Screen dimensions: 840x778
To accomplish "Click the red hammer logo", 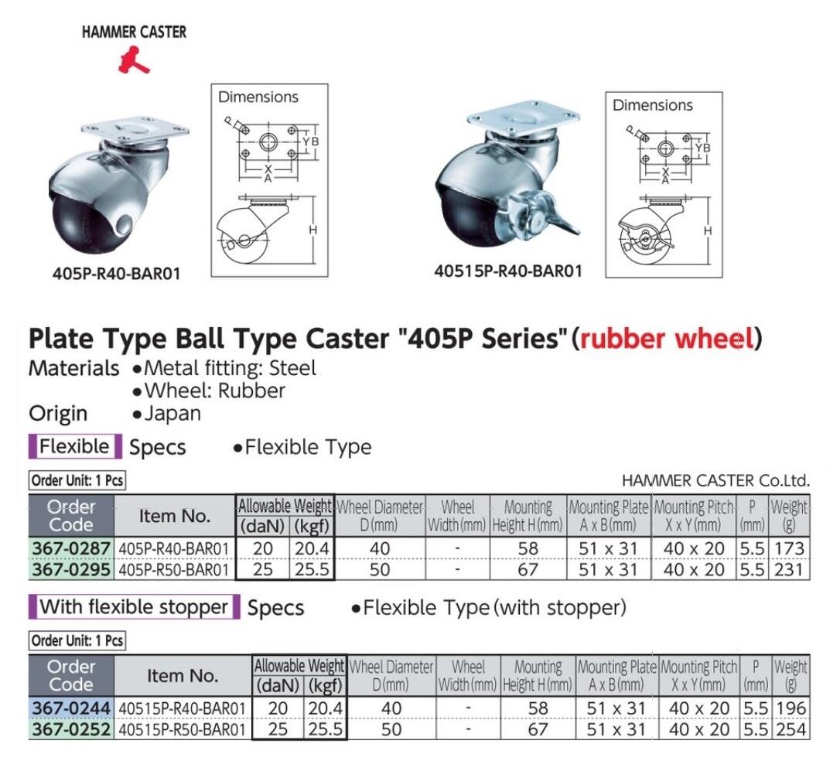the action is (133, 60).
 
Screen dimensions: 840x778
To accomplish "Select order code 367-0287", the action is (71, 548).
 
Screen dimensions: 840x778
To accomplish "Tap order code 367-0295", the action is (71, 569).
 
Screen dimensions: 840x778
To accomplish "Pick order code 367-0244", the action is (71, 708).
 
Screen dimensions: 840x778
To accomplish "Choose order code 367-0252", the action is (71, 729).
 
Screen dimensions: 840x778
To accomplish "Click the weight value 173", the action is (789, 548).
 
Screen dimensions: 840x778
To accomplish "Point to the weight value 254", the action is (790, 729).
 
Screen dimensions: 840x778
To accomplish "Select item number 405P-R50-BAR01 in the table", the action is (174, 569).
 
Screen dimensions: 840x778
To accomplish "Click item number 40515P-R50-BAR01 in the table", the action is (182, 729).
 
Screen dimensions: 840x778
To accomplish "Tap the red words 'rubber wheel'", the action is (667, 339).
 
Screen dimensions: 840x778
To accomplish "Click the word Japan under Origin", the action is (172, 414).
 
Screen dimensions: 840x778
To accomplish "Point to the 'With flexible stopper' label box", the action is (134, 607).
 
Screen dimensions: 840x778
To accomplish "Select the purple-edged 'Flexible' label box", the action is (75, 446).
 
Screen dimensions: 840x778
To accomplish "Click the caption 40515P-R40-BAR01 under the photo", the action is (508, 271).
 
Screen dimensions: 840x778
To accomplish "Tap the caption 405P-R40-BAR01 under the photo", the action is (116, 274).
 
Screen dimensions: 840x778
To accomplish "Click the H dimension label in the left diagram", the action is (312, 230).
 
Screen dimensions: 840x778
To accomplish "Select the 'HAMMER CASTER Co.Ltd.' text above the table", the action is (715, 480).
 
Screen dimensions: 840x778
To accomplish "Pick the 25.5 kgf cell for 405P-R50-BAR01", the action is (312, 569).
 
